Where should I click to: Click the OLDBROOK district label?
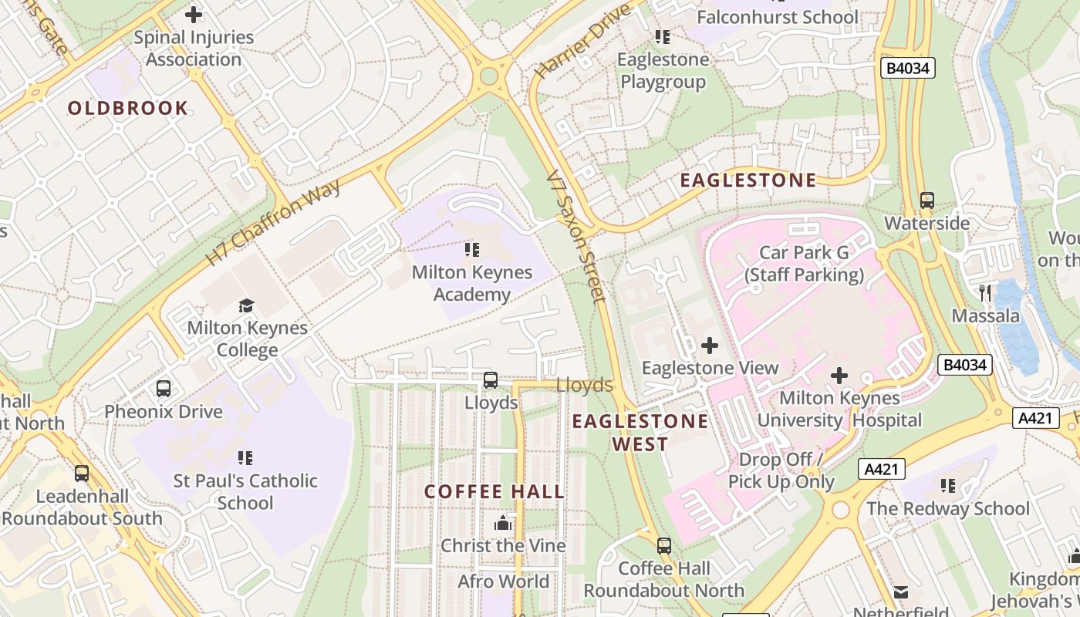[x=128, y=108]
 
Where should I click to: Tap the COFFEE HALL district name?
[x=494, y=492]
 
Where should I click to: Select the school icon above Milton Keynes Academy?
[x=472, y=250]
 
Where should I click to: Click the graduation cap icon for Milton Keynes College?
[x=246, y=305]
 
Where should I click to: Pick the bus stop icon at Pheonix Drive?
[x=164, y=389]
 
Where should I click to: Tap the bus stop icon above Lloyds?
[x=491, y=380]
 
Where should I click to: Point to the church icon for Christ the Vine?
[x=503, y=524]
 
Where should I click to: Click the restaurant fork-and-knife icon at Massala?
[x=985, y=292]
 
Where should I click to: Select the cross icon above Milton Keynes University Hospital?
[x=839, y=376]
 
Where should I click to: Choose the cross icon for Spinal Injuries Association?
[x=194, y=15]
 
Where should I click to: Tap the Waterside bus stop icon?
[x=927, y=201]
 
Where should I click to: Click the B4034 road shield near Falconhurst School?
[x=908, y=68]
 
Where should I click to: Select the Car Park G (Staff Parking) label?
[x=804, y=264]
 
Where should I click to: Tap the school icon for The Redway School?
[x=948, y=486]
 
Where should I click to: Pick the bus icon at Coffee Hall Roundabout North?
[x=664, y=546]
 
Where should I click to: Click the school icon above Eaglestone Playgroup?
[x=662, y=36]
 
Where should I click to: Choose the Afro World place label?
[x=503, y=582]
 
